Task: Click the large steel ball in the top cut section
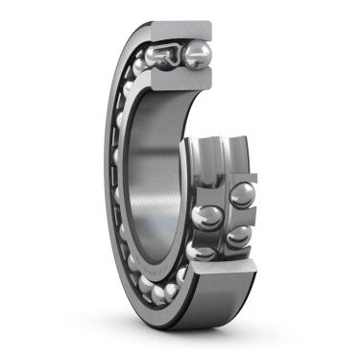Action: (x=198, y=54)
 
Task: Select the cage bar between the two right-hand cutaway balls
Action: (x=242, y=216)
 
